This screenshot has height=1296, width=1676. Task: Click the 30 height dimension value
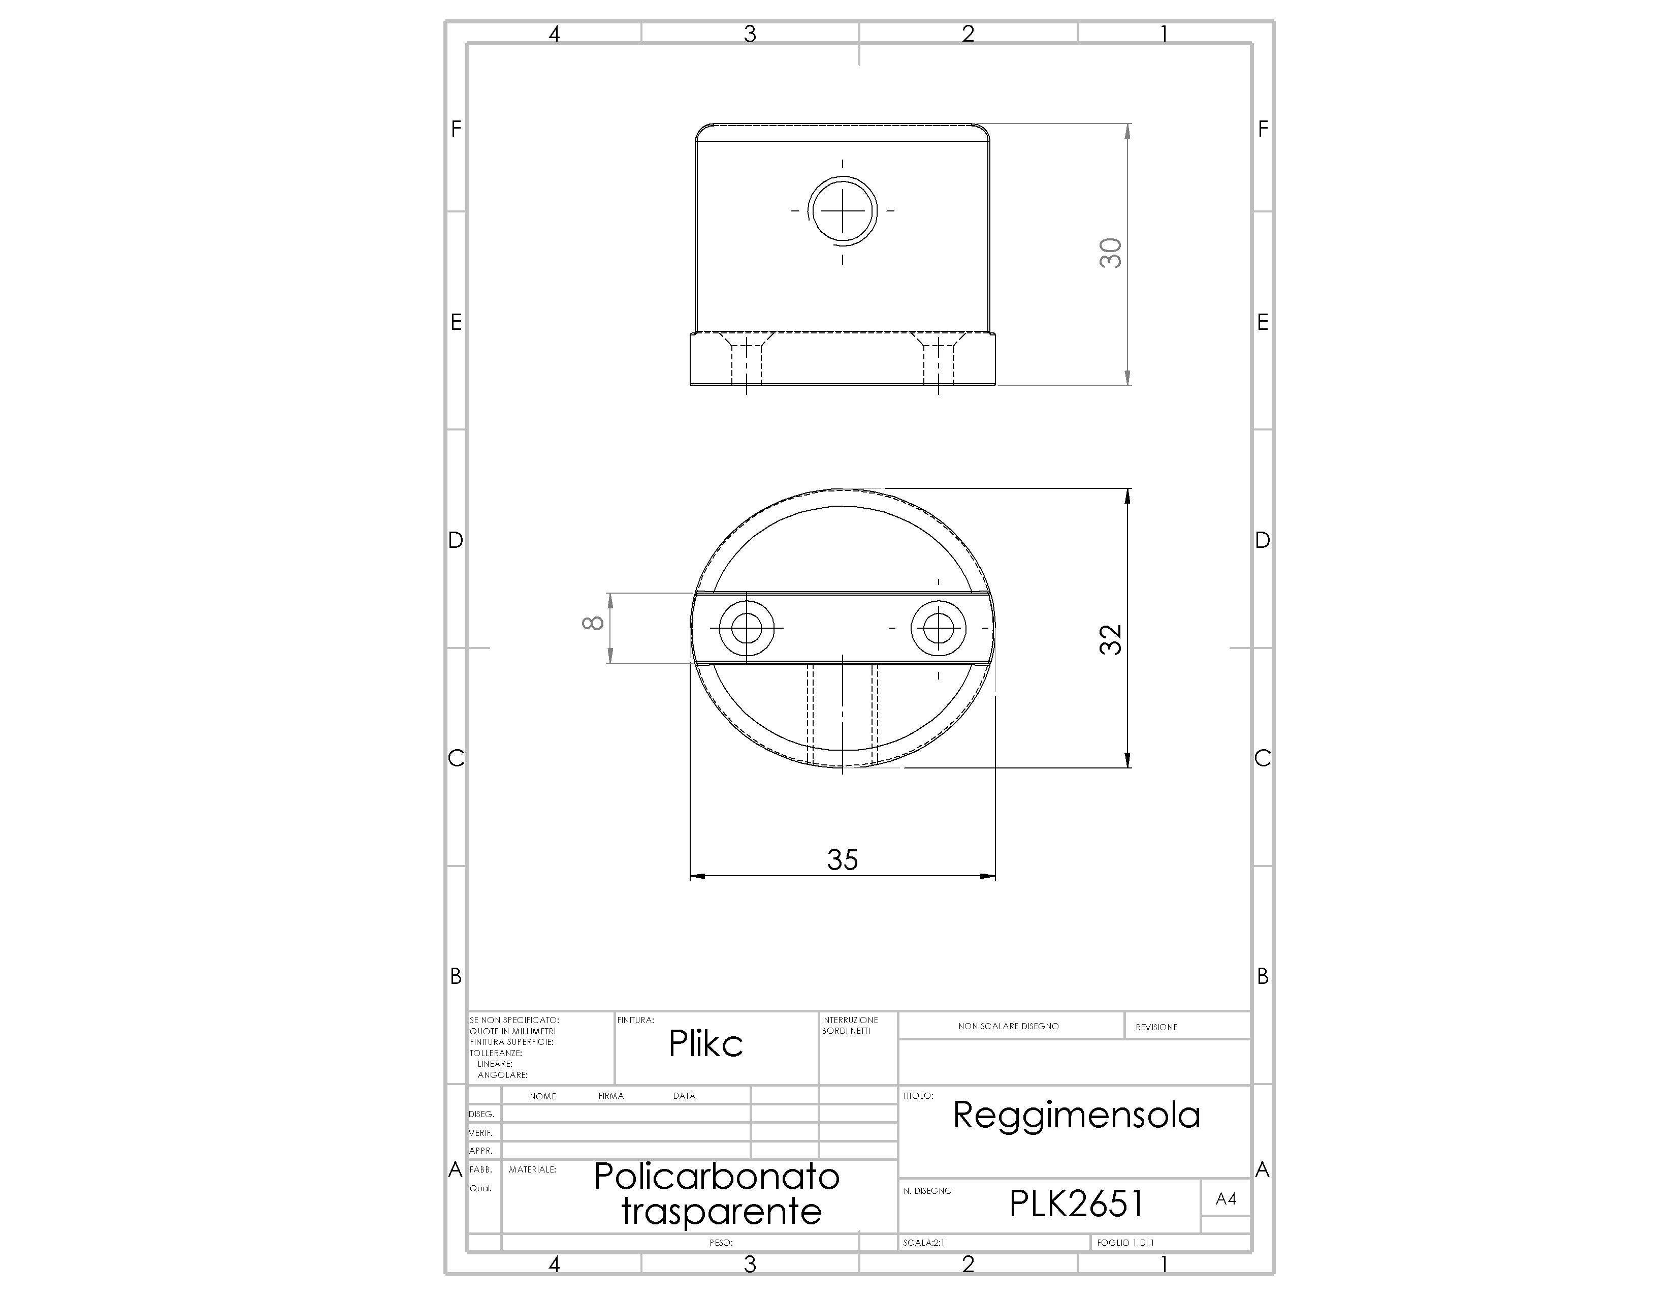[x=1110, y=254]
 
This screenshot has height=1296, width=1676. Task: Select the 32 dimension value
[x=1110, y=639]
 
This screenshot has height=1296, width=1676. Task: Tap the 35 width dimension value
[x=842, y=860]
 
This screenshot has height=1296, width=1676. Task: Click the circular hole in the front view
[x=843, y=209]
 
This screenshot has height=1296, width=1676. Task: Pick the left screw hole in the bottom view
[x=746, y=628]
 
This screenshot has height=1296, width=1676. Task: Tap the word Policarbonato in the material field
[x=717, y=1176]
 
